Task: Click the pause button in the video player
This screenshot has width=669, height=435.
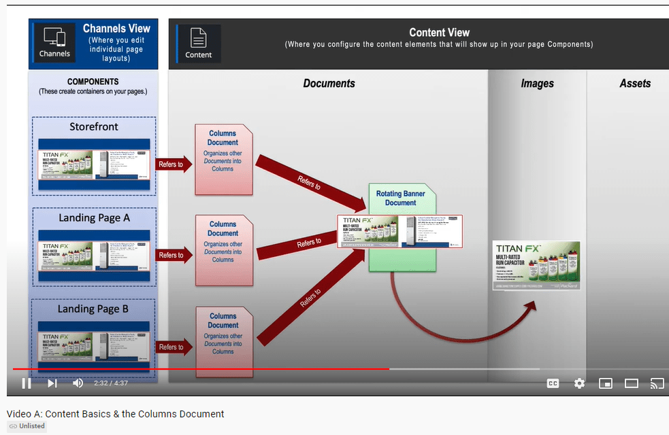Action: coord(27,383)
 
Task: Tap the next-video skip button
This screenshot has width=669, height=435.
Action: coord(52,383)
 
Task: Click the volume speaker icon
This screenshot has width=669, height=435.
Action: coord(78,383)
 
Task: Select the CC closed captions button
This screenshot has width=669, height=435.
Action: coord(553,383)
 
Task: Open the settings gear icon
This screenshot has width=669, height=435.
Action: coord(579,383)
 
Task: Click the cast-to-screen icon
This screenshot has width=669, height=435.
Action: coord(657,383)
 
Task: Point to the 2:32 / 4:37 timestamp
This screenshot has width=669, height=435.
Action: coord(111,383)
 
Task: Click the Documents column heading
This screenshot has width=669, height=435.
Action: coord(329,84)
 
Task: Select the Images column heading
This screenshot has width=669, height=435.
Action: coord(537,84)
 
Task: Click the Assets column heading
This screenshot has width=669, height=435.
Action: coord(634,84)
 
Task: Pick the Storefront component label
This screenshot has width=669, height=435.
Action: coord(94,126)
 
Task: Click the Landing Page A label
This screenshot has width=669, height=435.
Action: coord(94,218)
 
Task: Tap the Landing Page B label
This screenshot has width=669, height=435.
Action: coord(93,309)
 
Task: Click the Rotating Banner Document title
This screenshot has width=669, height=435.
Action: coord(400,198)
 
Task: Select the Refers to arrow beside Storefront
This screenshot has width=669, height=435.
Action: coord(174,164)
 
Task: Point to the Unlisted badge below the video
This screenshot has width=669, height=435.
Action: coord(27,426)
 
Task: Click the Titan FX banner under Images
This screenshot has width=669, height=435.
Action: coord(536,265)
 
